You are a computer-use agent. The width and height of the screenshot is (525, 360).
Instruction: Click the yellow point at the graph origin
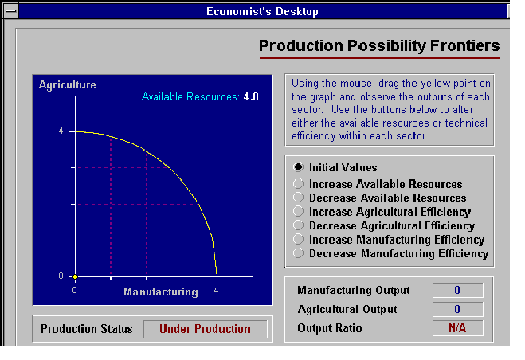pos(76,276)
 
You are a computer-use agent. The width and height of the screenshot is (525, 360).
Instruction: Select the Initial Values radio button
pos(298,166)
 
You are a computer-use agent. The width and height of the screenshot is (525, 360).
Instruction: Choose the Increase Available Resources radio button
pos(298,183)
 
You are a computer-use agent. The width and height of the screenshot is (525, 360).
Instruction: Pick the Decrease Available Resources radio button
pos(298,198)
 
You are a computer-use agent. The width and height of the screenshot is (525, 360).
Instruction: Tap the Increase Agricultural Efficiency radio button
pos(298,211)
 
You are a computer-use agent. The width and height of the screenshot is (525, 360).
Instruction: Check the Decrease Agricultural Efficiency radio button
pos(298,225)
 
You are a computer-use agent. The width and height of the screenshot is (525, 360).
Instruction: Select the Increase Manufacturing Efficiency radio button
pos(298,239)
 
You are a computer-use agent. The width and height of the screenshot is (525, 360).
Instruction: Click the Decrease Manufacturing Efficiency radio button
pos(298,252)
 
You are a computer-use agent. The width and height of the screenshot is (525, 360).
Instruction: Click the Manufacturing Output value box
pos(458,290)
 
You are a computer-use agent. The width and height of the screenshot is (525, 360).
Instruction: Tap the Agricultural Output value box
pos(458,309)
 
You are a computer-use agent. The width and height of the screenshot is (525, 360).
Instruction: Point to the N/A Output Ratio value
pos(457,328)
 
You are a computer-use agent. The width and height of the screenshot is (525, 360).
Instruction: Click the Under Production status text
pos(205,329)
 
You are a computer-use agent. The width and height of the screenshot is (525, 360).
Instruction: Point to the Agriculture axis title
pos(67,84)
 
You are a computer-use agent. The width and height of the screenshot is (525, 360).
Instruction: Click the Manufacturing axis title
pos(161,292)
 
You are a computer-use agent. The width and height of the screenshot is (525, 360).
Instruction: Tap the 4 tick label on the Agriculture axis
pos(61,131)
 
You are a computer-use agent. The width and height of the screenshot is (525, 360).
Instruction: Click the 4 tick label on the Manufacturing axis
pos(217,290)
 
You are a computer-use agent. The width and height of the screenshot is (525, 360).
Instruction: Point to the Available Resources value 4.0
pos(251,97)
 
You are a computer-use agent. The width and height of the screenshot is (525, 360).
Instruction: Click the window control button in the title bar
pos(11,11)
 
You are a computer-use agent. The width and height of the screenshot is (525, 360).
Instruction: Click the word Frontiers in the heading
pos(464,45)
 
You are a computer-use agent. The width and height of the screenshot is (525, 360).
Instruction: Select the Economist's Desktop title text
pos(262,11)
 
